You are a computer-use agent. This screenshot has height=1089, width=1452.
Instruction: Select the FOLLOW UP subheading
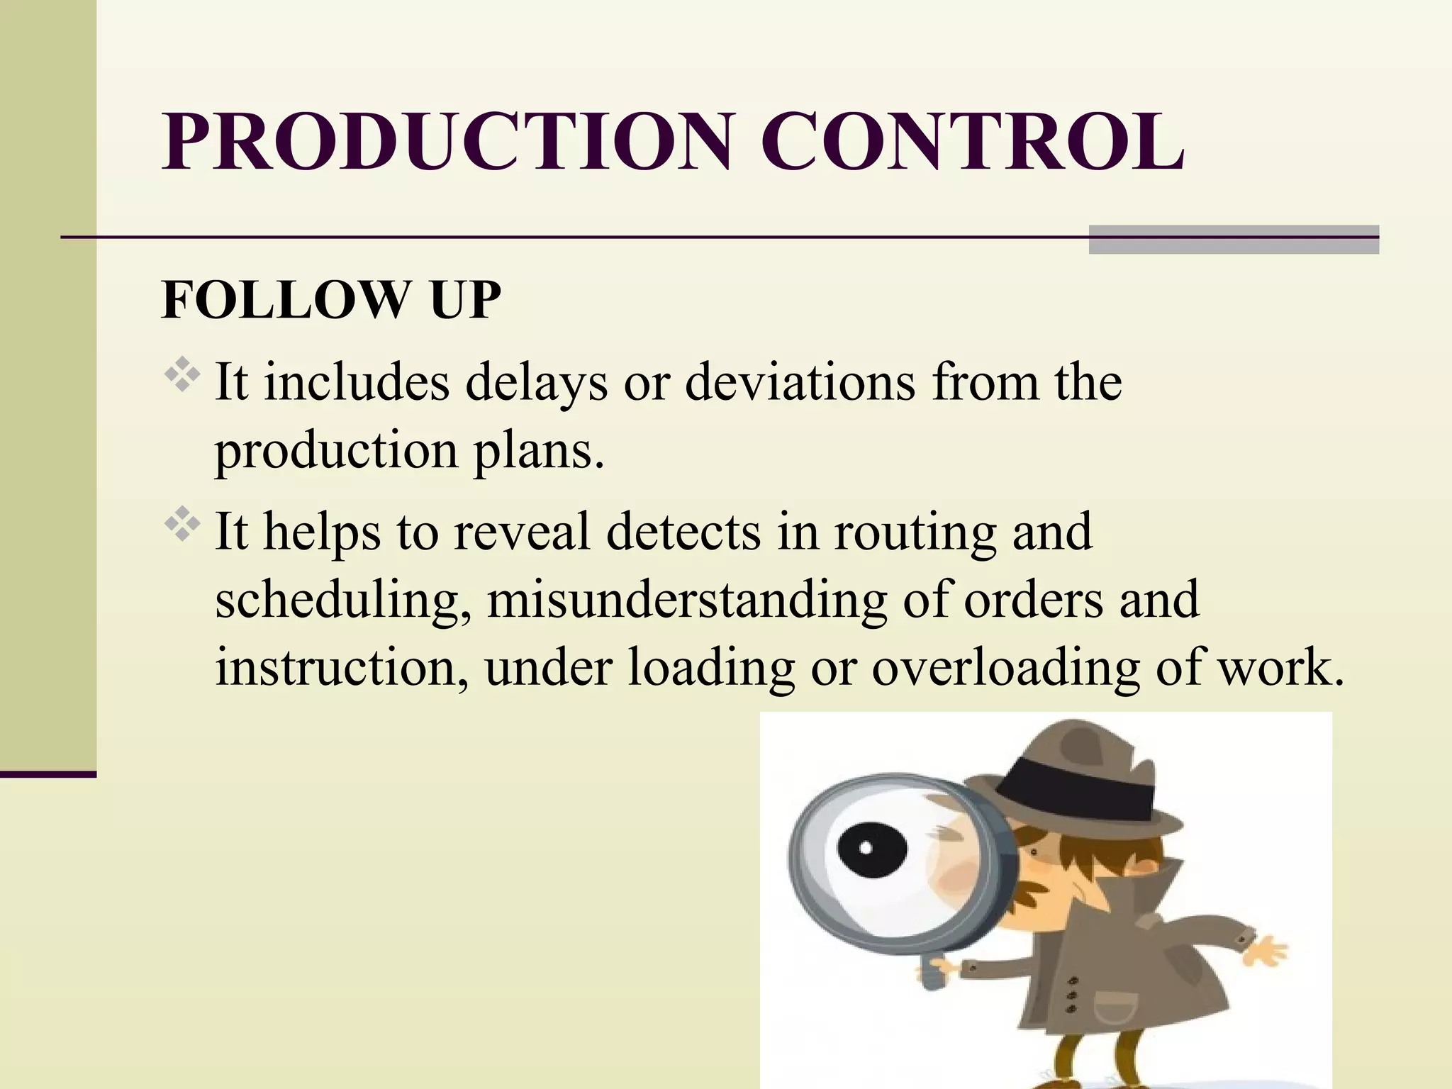(x=331, y=300)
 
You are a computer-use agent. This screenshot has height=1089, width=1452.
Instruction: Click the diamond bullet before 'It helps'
(x=183, y=525)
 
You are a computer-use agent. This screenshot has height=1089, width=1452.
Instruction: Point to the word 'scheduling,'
(x=343, y=601)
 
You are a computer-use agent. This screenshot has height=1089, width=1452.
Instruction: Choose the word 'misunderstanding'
(x=686, y=599)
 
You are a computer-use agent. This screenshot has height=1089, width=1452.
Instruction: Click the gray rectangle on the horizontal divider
(x=1234, y=239)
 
